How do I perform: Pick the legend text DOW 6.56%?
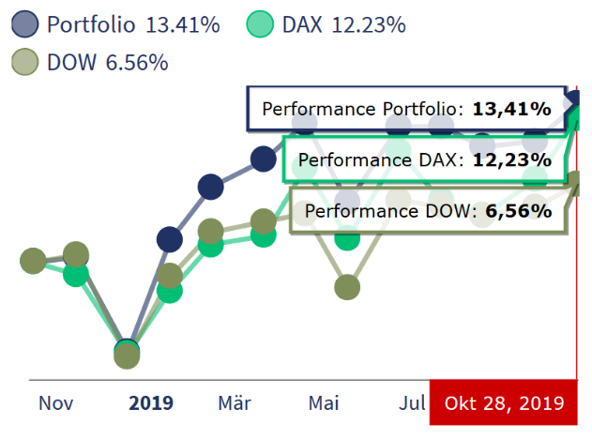pos(107,63)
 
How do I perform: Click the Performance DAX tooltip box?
pos(424,159)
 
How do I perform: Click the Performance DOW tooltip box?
pos(428,211)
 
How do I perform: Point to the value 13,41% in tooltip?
pos(511,109)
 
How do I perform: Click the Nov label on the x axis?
pos(56,404)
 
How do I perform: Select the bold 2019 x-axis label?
pos(151,404)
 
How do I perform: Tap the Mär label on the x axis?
pos(235,404)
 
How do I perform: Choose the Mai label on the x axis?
pos(324,404)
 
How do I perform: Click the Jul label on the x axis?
pos(412,404)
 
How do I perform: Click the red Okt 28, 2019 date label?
pos(504,404)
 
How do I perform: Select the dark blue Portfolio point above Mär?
pos(212,187)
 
